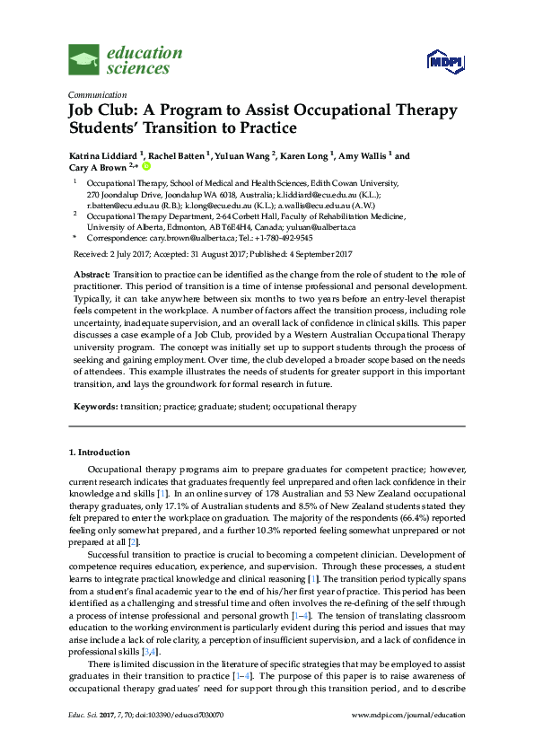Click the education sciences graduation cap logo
[x=84, y=59]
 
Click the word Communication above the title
[x=95, y=94]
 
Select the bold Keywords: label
[x=94, y=407]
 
